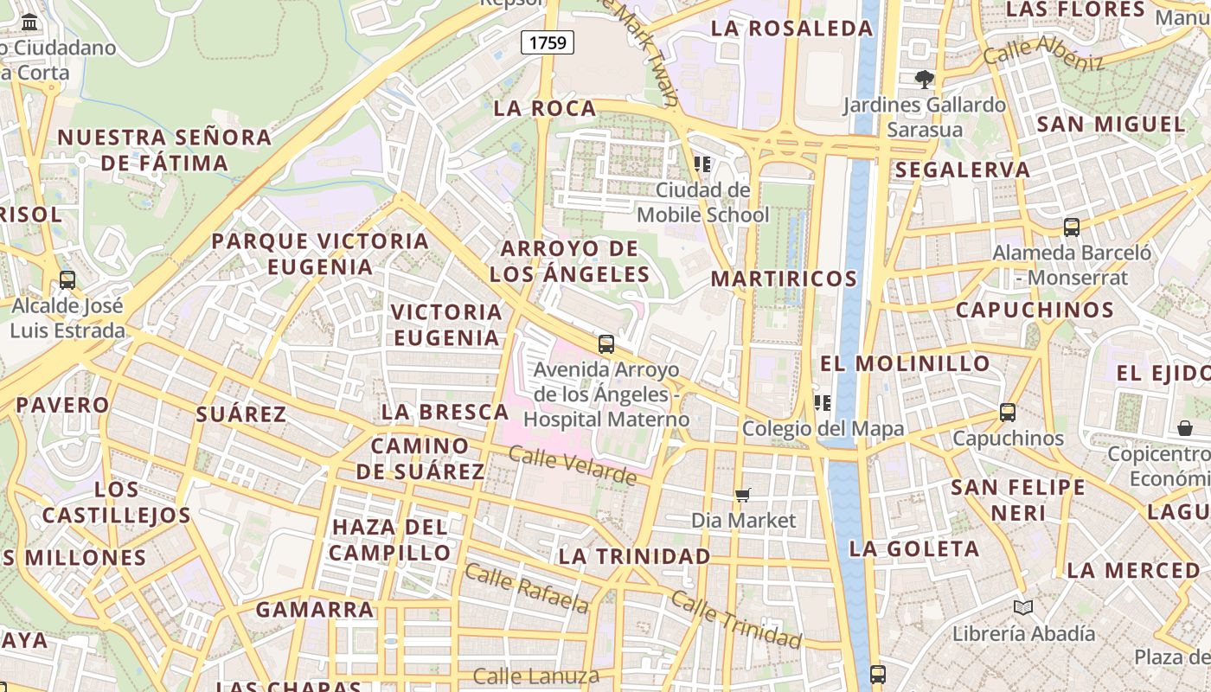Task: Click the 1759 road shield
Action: (548, 42)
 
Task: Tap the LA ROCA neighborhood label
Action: (545, 109)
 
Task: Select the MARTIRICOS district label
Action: (784, 279)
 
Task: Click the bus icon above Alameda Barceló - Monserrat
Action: (1072, 227)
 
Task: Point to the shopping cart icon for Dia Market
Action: (742, 495)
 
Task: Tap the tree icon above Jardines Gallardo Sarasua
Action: (925, 80)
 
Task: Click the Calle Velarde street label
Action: (573, 465)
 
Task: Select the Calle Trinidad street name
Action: (736, 620)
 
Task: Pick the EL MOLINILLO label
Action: (904, 363)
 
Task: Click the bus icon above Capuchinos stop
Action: (1008, 413)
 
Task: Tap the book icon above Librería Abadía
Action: (1023, 608)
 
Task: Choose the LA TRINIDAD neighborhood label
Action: (635, 556)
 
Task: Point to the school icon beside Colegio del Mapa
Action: (822, 403)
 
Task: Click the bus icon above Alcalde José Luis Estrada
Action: (67, 280)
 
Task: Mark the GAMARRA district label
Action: (315, 610)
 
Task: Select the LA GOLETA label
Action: (914, 549)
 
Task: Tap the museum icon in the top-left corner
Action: (30, 22)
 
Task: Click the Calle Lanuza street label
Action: (536, 676)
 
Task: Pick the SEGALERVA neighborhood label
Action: (963, 170)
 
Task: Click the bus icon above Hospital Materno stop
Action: (606, 344)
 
